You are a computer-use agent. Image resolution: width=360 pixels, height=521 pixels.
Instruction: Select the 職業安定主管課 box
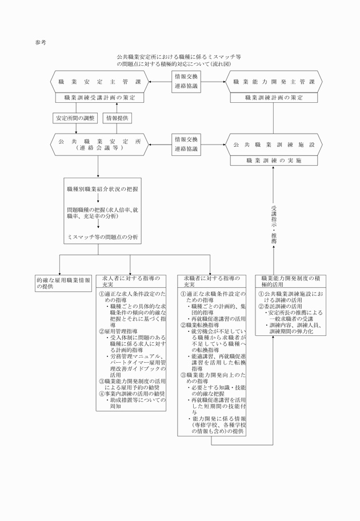coord(99,82)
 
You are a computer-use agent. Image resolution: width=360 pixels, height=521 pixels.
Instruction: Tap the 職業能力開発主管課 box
coord(274,82)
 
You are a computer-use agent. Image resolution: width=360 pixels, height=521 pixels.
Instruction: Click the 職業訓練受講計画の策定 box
coord(99,98)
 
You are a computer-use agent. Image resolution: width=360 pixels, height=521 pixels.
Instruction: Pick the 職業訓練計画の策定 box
coord(274,98)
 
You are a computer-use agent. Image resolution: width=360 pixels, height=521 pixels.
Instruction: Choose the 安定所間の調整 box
coord(75,118)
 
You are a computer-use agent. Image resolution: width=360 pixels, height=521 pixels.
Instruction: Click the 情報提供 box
coord(118,118)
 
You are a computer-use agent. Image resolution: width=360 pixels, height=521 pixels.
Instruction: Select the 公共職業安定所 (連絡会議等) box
coord(99,143)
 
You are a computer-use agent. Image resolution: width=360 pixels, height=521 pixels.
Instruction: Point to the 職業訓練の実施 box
coord(274,161)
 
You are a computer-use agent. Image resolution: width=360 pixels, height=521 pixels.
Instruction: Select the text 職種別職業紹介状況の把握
coord(98,189)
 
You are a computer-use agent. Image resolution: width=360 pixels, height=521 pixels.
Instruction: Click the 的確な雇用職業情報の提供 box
coord(62,283)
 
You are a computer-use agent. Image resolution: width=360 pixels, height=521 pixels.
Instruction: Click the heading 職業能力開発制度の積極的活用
coord(290,280)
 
